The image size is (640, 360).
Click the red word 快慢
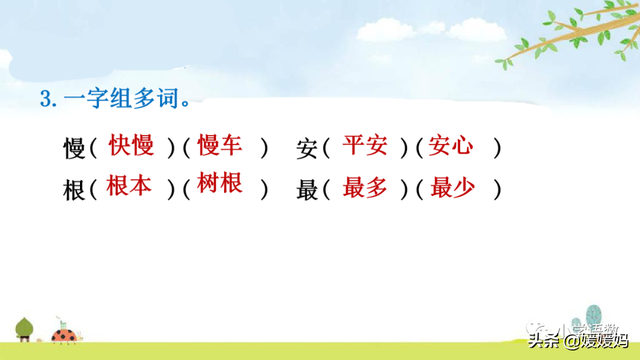(x=131, y=146)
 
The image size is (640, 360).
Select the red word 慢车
(x=221, y=146)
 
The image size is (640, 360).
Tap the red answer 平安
(x=364, y=146)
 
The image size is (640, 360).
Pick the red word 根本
(x=128, y=186)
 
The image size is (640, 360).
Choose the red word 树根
(x=221, y=186)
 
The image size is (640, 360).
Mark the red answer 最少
(x=452, y=186)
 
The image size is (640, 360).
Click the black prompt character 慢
(x=74, y=149)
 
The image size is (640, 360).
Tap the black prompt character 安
(x=307, y=149)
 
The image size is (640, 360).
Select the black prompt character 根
(x=74, y=189)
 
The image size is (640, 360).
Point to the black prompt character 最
(x=307, y=189)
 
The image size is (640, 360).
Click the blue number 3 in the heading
(x=45, y=99)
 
